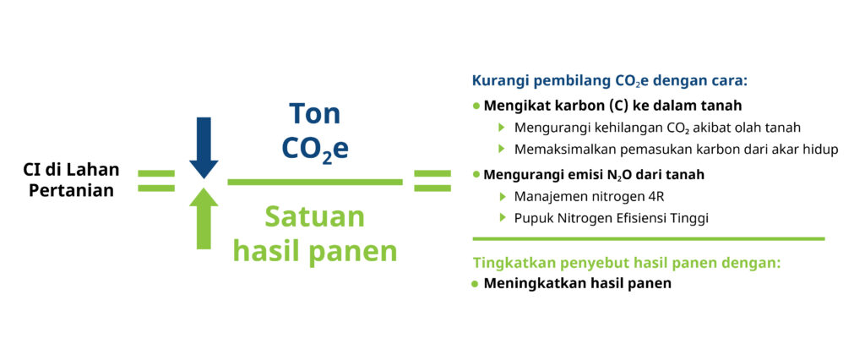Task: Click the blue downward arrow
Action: point(204,147)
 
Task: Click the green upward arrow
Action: point(204,219)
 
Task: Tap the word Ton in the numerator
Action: point(314,114)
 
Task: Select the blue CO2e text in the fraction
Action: point(314,149)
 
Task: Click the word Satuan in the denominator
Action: point(314,216)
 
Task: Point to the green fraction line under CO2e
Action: point(315,182)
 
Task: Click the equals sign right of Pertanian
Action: point(156,181)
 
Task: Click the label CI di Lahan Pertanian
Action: point(72,179)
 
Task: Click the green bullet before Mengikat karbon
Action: point(476,106)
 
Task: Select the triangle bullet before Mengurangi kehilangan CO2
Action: point(502,127)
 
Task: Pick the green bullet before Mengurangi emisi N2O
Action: point(476,174)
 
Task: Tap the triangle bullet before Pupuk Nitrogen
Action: point(502,217)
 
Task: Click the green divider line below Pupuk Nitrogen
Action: point(649,238)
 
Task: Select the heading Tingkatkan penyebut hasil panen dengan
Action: point(627,263)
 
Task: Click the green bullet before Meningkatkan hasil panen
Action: point(476,284)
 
